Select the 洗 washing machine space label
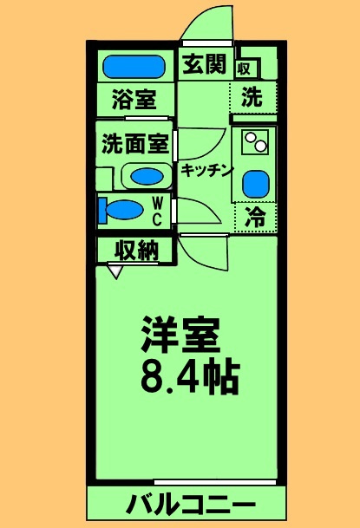tap(252, 98)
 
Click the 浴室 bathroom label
tap(134, 99)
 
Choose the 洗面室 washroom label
tap(134, 142)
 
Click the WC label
tap(158, 211)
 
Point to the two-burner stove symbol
tap(254, 142)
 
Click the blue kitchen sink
tap(254, 183)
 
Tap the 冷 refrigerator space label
tap(254, 218)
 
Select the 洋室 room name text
tap(181, 334)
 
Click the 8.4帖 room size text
tap(188, 375)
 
